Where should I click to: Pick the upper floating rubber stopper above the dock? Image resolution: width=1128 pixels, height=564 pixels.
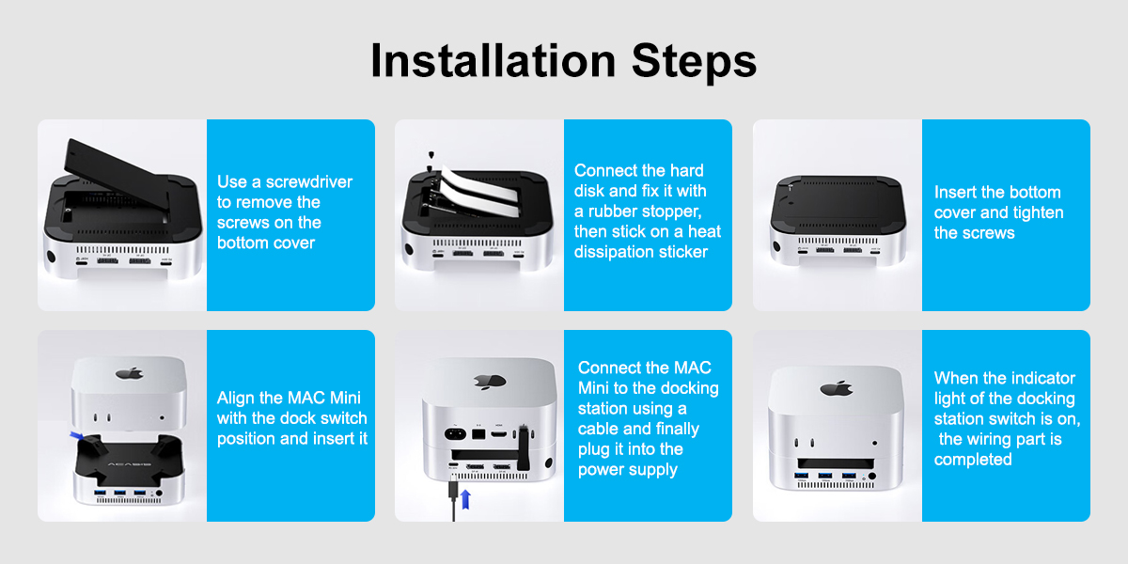click(x=430, y=154)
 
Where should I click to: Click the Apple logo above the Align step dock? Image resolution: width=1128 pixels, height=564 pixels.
click(x=130, y=373)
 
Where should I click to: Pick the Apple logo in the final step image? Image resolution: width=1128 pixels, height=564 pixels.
click(x=837, y=388)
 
